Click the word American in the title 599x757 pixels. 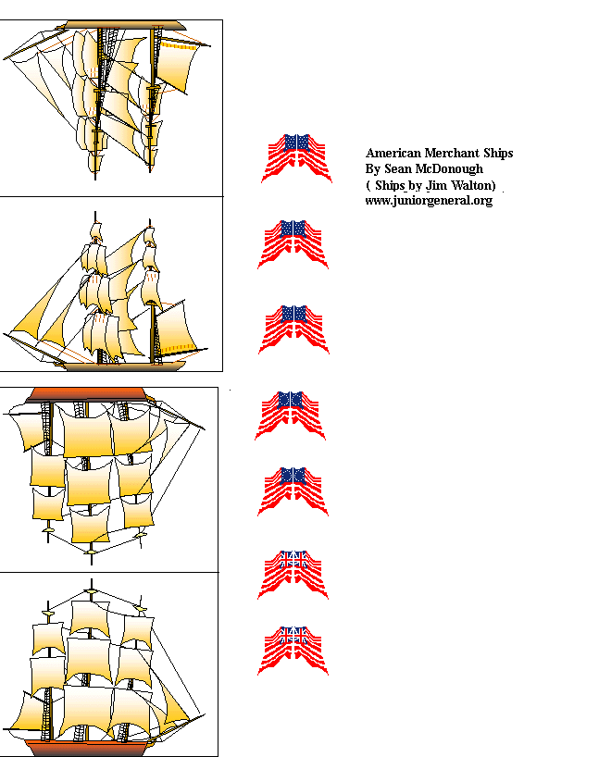[x=394, y=153]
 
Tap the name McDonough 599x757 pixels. [x=449, y=168]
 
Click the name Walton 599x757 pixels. [x=474, y=184]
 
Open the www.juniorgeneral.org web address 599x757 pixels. [x=429, y=200]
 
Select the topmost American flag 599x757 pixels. [x=296, y=157]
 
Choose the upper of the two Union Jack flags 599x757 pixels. [x=293, y=574]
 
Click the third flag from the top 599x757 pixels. [x=293, y=329]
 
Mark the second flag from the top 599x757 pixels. [x=293, y=243]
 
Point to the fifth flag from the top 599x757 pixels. [x=293, y=490]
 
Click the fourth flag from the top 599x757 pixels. [x=291, y=414]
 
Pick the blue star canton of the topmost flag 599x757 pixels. [x=296, y=142]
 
